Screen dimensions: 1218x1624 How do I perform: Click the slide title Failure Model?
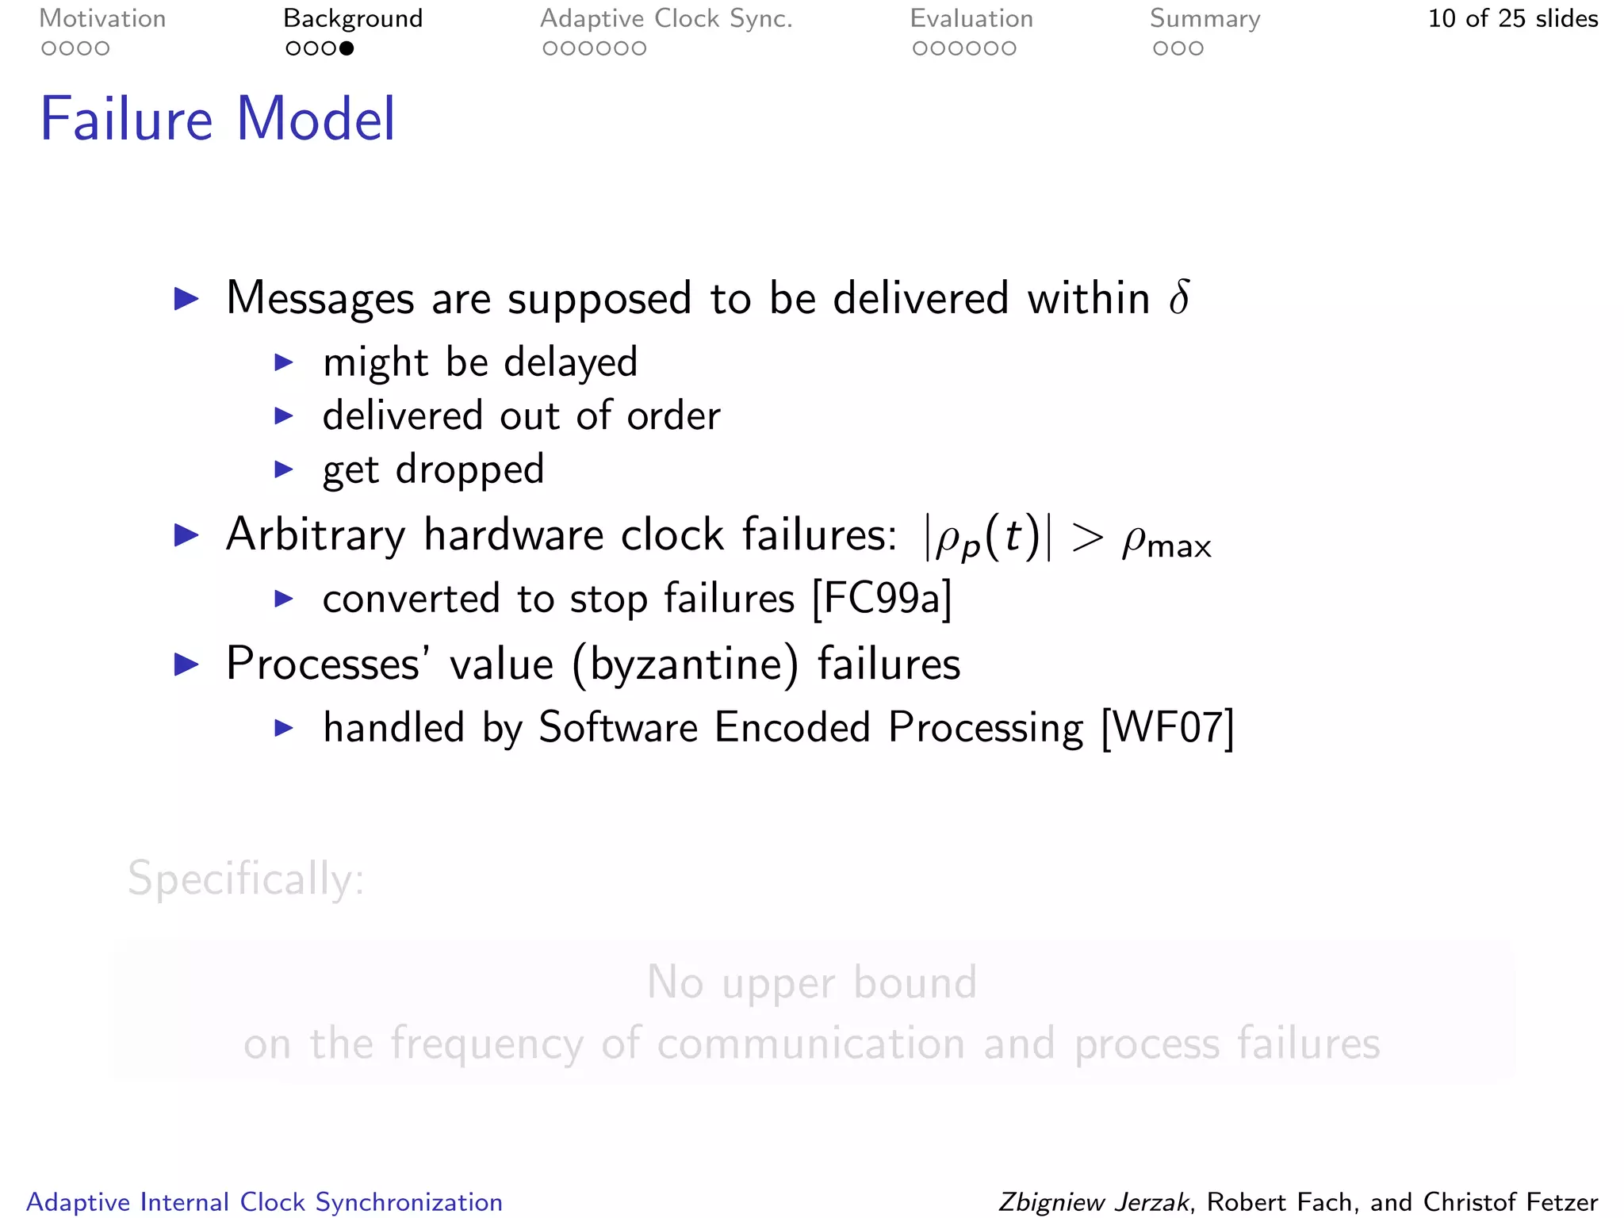point(217,119)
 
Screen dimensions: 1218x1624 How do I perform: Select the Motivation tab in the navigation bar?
point(102,19)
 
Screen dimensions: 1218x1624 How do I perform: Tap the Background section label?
point(353,19)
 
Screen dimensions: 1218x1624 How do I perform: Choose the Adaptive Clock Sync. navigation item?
point(666,19)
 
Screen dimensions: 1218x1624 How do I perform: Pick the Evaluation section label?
point(971,19)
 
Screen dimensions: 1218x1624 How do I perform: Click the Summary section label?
point(1205,19)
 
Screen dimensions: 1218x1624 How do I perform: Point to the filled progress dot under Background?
point(347,49)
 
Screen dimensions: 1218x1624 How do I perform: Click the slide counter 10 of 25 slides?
point(1512,19)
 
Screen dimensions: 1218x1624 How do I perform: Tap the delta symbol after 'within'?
point(1179,298)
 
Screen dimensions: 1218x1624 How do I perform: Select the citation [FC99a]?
point(882,598)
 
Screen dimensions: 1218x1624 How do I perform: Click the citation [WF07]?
point(1167,727)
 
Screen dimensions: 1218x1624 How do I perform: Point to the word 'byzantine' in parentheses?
point(684,665)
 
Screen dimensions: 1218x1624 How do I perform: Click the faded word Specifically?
point(246,879)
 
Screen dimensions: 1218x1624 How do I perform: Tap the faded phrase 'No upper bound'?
point(811,982)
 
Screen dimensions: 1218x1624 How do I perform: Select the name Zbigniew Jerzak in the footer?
point(1094,1202)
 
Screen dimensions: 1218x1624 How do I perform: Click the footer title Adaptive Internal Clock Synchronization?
point(265,1202)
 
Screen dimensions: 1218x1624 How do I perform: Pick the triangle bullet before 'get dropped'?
point(284,469)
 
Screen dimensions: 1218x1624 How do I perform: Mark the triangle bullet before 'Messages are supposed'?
point(187,299)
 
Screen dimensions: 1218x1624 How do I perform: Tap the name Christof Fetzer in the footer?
point(1511,1202)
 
